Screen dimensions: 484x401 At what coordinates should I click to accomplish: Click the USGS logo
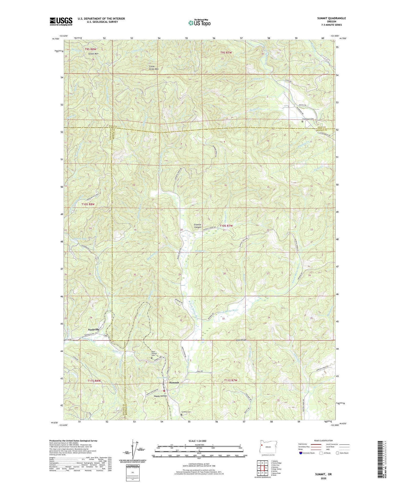[61, 21]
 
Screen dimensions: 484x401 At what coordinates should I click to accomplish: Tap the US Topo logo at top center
[199, 23]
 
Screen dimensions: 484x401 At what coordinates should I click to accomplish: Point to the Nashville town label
[92, 329]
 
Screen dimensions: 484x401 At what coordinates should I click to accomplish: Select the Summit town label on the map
[174, 382]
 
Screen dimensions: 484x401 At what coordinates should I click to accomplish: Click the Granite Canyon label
[198, 226]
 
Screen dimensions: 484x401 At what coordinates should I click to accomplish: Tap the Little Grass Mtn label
[154, 68]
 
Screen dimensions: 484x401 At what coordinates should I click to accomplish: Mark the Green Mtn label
[94, 54]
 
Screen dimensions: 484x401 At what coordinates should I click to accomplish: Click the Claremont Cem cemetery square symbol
[303, 121]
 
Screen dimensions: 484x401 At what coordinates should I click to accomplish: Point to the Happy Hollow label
[160, 396]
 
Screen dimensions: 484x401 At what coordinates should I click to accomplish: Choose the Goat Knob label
[241, 340]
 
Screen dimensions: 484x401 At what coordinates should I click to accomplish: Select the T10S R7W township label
[226, 226]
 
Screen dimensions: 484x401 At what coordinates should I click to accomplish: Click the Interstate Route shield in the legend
[301, 453]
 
